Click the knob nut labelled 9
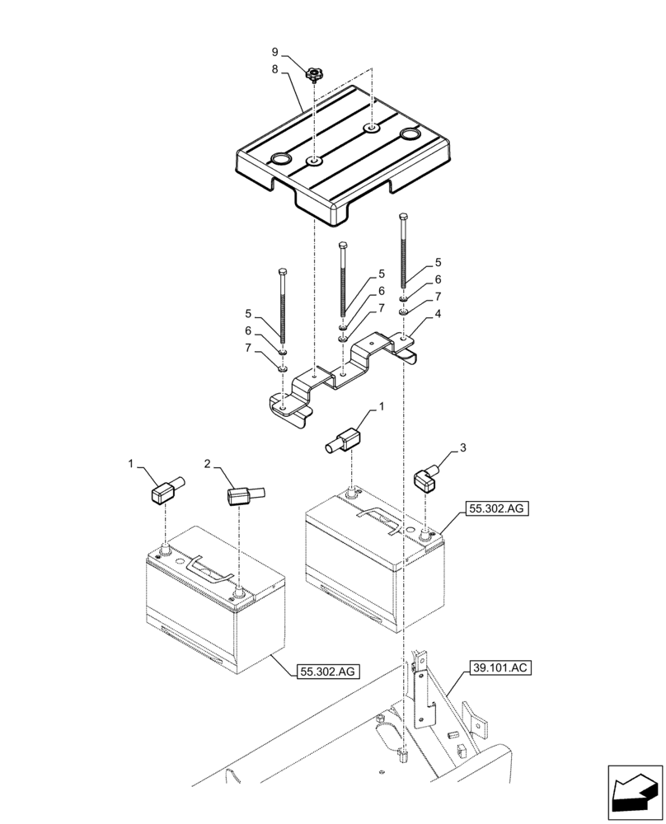[x=313, y=76]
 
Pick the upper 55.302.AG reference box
[x=495, y=509]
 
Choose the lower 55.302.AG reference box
[x=326, y=672]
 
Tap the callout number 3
[x=464, y=447]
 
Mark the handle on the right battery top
[x=378, y=519]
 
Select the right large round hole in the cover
[x=410, y=134]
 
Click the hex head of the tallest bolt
[x=402, y=218]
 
